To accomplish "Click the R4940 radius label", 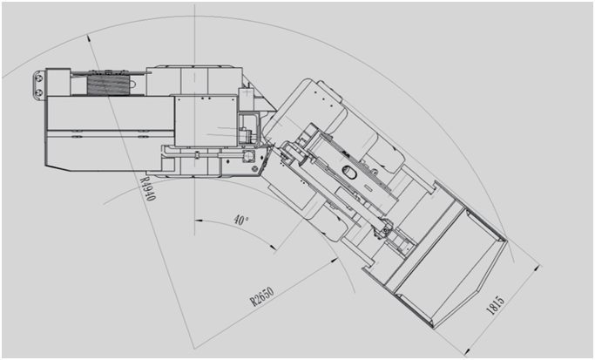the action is (x=147, y=188).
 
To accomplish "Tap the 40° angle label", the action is (x=241, y=220).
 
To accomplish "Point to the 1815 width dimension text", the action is (x=496, y=306).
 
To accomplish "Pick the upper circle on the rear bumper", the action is (x=38, y=78).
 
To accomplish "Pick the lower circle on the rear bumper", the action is (x=38, y=92).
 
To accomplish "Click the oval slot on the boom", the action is (x=349, y=172).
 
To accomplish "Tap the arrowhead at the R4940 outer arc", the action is (x=89, y=38).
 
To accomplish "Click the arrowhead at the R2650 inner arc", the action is (x=335, y=260).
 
